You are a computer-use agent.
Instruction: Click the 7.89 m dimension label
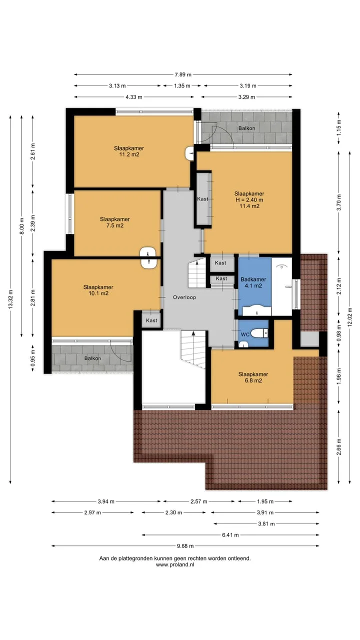tap(183, 74)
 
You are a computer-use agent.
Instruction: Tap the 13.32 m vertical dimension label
tap(10, 299)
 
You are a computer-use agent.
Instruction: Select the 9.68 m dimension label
tap(185, 546)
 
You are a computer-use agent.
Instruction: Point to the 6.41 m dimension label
tap(230, 535)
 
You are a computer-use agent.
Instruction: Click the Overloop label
tap(184, 297)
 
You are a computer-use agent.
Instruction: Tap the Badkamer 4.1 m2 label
tap(253, 282)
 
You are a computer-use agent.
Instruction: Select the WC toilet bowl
tap(259, 333)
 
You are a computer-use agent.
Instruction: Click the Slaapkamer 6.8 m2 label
tap(253, 377)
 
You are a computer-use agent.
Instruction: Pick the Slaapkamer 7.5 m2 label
tap(115, 222)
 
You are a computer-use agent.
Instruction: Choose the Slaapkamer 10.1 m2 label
tap(98, 290)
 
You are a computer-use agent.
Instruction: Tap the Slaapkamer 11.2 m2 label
tap(129, 151)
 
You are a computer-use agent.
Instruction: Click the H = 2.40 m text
tap(249, 200)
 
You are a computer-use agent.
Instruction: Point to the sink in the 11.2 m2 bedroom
tap(189, 153)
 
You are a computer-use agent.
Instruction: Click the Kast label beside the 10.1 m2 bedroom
tap(151, 320)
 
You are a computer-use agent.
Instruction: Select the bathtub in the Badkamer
tap(281, 286)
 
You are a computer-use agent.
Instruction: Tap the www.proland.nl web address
tap(175, 564)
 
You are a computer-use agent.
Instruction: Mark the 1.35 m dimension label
tap(182, 85)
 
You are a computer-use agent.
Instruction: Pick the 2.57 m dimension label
tap(199, 501)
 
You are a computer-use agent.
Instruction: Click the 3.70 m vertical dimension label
tap(339, 202)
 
